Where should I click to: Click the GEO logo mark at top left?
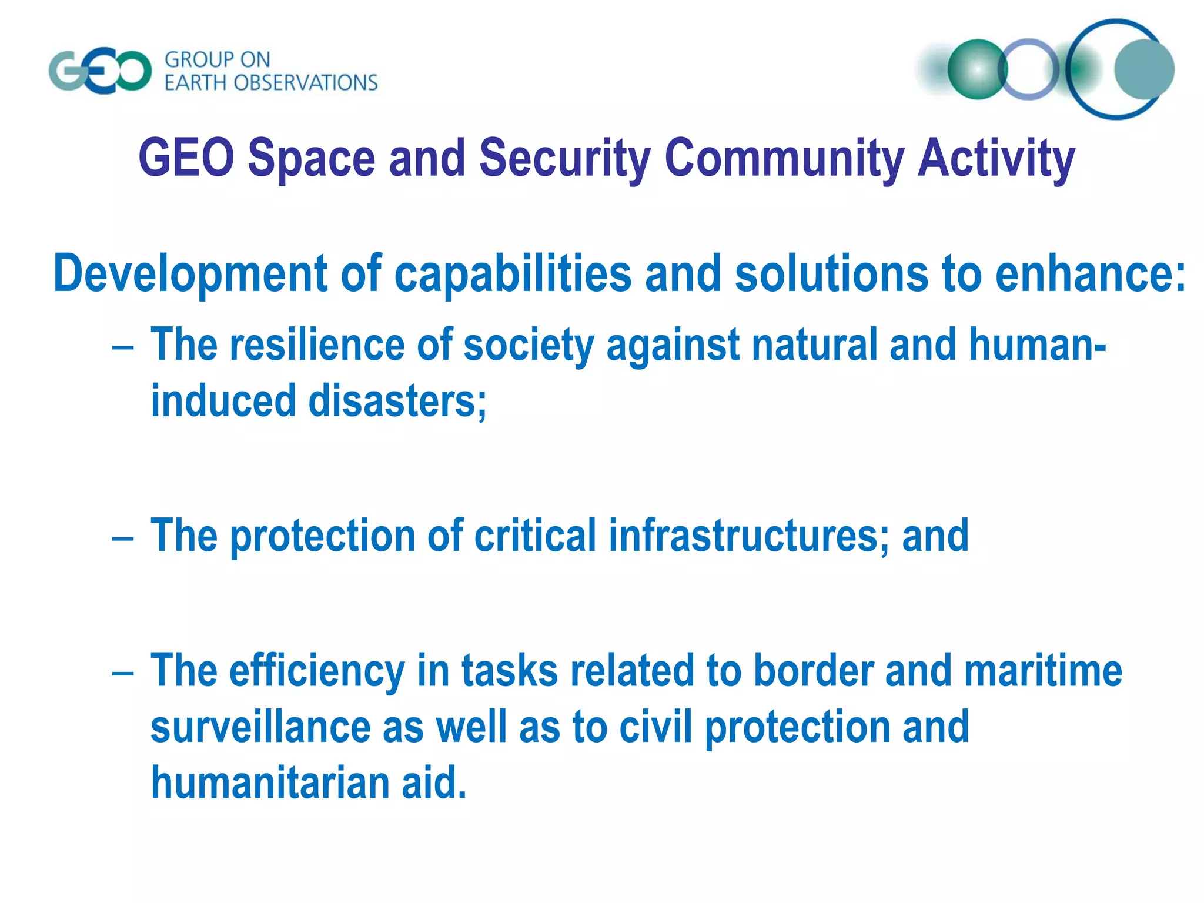[100, 72]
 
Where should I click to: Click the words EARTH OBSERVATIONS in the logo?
[271, 83]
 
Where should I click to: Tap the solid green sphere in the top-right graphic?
[977, 69]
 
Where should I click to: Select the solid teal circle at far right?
[1143, 69]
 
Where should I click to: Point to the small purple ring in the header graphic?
[1029, 69]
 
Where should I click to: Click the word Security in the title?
[564, 158]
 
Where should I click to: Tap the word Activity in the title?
[996, 158]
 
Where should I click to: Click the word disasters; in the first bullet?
[397, 401]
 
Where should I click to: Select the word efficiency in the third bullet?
[316, 671]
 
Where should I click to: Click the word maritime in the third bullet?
[1043, 671]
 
